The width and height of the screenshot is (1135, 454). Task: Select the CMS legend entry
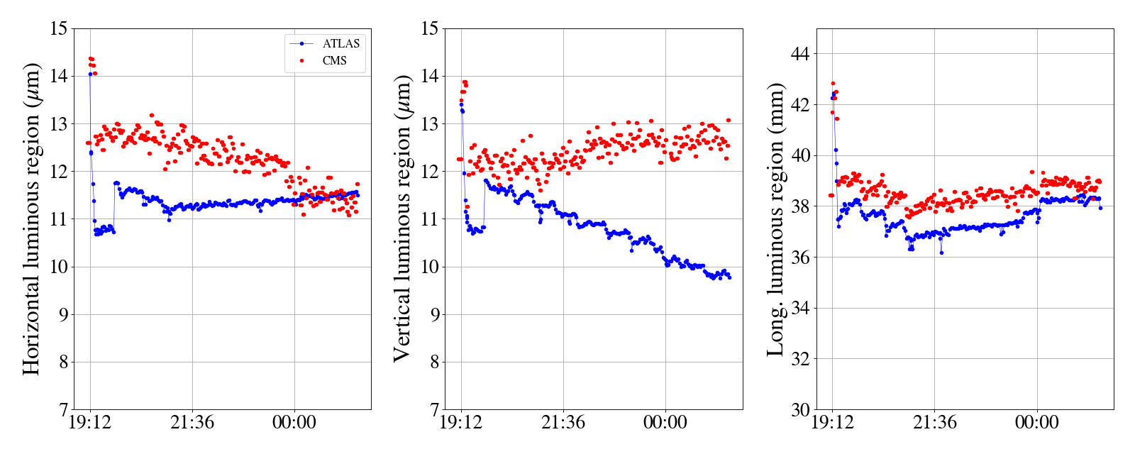click(334, 61)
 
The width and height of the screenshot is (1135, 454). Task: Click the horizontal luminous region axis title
click(31, 218)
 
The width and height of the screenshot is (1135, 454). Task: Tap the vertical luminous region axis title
click(402, 218)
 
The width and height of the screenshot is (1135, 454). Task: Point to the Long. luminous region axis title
click(775, 218)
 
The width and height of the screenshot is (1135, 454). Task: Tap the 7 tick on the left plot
click(64, 410)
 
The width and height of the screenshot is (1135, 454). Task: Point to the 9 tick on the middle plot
click(435, 315)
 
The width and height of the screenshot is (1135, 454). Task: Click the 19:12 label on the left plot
click(90, 423)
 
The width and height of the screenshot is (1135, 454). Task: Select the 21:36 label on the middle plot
click(563, 423)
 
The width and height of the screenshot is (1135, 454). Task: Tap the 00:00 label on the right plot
click(1037, 423)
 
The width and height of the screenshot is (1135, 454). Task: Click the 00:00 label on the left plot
click(294, 423)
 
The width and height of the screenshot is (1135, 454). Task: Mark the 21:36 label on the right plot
click(935, 423)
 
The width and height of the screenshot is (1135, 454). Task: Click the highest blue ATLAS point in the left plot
click(90, 74)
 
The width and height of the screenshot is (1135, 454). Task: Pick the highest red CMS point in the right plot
click(834, 84)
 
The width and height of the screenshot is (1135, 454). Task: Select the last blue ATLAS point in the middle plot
click(729, 277)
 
